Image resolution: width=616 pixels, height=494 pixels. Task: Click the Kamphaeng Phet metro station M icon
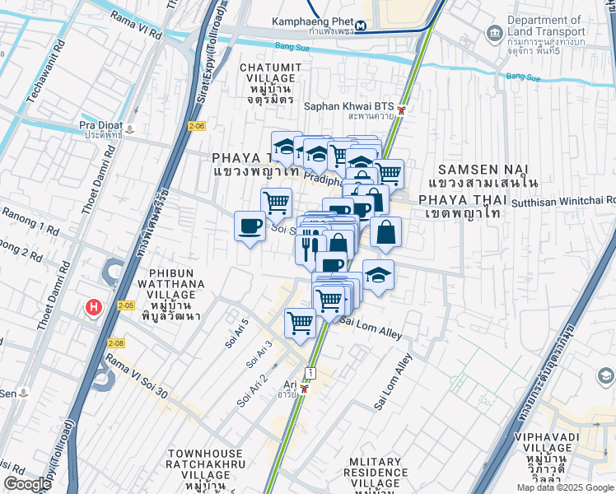click(362, 24)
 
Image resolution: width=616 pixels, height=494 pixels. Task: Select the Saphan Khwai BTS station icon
click(401, 110)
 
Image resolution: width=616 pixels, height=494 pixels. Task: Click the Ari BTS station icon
click(305, 389)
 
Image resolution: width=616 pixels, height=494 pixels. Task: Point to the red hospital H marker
click(94, 307)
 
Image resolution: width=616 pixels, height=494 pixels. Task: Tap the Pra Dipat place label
click(100, 129)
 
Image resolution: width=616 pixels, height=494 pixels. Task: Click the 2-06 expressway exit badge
click(195, 126)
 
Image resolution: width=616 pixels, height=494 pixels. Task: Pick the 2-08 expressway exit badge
click(115, 343)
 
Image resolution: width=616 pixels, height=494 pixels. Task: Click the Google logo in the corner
click(28, 484)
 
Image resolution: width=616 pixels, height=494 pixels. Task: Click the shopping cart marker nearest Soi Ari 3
click(300, 322)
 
